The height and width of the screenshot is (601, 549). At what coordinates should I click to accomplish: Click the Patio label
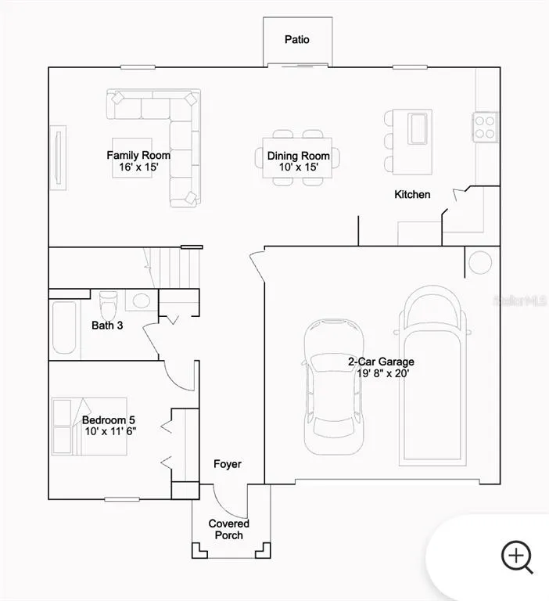click(297, 39)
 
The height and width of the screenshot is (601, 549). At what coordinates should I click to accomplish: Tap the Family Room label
click(138, 155)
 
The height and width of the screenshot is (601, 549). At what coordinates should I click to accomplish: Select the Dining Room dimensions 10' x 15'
click(299, 167)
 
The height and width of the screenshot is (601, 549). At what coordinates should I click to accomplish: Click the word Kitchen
click(412, 194)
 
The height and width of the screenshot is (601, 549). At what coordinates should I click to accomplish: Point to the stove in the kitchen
click(485, 128)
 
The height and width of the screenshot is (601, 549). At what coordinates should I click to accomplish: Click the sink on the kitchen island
click(417, 128)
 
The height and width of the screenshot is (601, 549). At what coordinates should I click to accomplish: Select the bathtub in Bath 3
click(64, 328)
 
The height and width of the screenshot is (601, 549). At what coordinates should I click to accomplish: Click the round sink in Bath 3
click(141, 300)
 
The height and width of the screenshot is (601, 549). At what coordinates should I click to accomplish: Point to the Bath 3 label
click(107, 326)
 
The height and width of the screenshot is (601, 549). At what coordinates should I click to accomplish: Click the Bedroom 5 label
click(109, 420)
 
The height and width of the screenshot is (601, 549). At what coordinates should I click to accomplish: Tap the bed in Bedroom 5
click(89, 426)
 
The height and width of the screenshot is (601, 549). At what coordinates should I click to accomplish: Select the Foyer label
click(228, 464)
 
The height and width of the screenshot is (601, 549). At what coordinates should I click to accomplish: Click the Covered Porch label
click(228, 529)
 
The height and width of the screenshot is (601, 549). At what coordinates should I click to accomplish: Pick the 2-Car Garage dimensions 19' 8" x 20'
click(383, 373)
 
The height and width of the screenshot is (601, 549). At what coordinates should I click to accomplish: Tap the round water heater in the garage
click(480, 263)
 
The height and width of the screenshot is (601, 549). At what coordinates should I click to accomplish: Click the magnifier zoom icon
click(517, 556)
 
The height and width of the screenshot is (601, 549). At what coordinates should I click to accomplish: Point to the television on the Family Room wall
click(58, 158)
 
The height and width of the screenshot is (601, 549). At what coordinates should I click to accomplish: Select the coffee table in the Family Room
click(132, 158)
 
